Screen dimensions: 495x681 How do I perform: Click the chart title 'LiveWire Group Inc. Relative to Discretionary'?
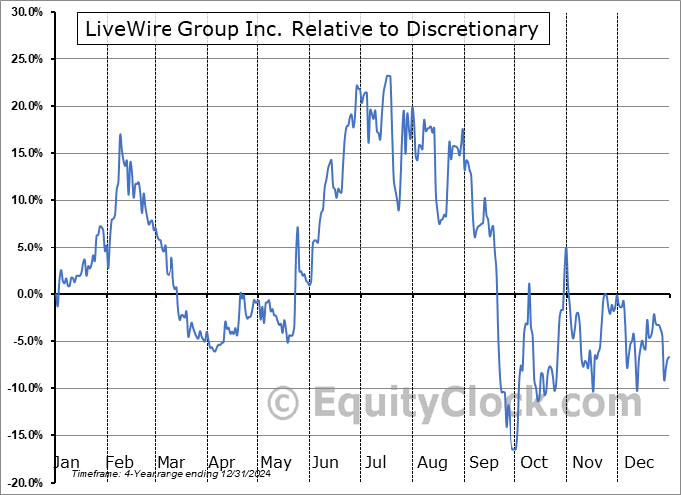point(312,29)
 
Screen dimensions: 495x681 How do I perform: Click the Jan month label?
point(65,462)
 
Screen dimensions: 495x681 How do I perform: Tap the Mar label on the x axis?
point(170,462)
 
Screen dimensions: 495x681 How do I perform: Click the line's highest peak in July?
point(388,75)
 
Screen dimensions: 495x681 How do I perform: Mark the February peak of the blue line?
point(120,134)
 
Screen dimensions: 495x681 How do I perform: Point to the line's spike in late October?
point(566,247)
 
